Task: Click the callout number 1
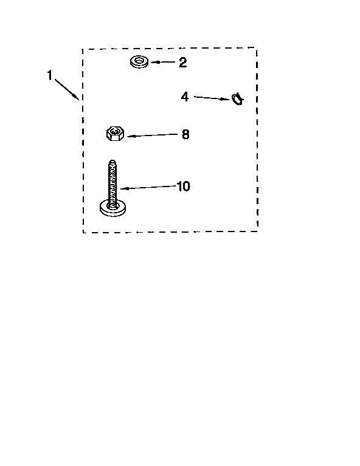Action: pos(50,75)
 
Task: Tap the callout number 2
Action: pos(182,63)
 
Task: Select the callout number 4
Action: pos(185,97)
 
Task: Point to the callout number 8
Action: pos(185,134)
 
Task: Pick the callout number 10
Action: pos(183,187)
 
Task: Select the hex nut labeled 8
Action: pos(115,134)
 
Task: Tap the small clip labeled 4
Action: pos(237,98)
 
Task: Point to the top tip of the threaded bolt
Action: pos(112,161)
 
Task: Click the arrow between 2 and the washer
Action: pos(163,62)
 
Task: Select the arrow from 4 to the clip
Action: pos(212,98)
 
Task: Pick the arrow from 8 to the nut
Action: pos(152,135)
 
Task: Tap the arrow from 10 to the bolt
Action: pos(148,187)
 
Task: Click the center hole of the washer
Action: pos(139,61)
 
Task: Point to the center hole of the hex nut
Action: pos(115,131)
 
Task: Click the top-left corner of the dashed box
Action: pos(83,49)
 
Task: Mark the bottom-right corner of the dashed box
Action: pos(257,231)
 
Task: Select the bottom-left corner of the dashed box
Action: pos(83,233)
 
